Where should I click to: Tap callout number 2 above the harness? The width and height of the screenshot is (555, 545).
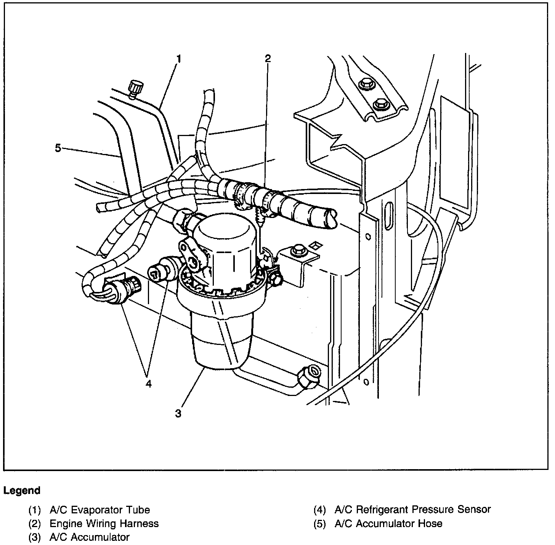[268, 58]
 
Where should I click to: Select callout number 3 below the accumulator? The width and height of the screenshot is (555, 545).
[178, 413]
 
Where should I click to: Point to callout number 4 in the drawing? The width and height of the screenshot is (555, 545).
[148, 383]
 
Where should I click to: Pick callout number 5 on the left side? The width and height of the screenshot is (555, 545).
[58, 147]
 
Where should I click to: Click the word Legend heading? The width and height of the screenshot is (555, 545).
[22, 490]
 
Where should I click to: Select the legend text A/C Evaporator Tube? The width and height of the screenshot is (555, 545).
[100, 510]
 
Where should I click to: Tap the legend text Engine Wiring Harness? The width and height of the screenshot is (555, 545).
[104, 523]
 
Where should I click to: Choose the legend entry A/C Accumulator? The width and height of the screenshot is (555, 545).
[90, 537]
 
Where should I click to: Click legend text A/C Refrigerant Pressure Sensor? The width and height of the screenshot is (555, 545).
[412, 509]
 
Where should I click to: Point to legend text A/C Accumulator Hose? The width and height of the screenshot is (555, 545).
[388, 523]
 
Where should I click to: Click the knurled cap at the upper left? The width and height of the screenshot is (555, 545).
[135, 87]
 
